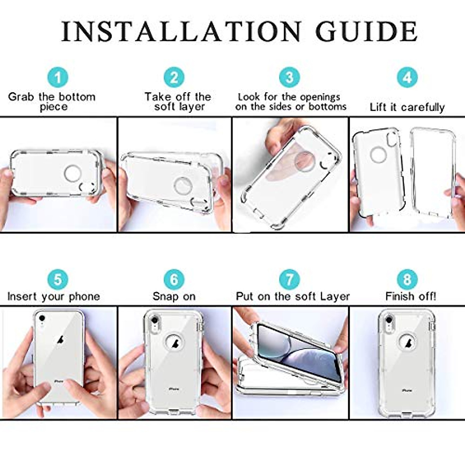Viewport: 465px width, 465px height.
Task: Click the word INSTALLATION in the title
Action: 181,32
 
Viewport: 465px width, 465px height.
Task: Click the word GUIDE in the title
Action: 366,32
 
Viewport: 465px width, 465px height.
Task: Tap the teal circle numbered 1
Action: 58,77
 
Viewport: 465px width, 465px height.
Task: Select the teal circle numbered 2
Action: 174,77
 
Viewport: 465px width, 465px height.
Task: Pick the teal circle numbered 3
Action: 289,77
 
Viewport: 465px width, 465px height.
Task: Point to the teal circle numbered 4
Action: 407,77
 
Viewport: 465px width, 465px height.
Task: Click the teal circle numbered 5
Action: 58,279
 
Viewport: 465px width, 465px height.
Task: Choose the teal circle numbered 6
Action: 174,279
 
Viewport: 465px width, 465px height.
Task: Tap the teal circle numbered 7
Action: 289,279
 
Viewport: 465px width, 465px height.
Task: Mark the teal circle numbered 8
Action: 407,279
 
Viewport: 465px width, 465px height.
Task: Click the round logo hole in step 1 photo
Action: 72,173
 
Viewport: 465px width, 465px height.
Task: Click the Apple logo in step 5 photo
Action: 60,340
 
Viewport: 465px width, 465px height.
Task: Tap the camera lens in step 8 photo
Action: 389,320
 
